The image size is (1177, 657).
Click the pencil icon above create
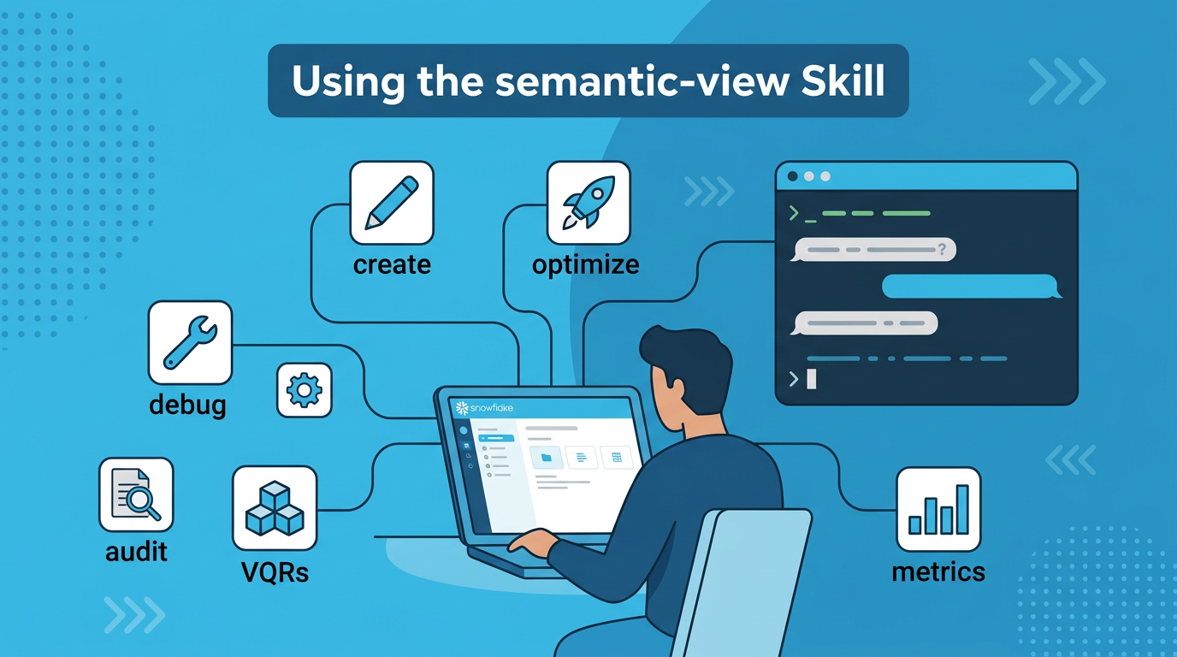[392, 204]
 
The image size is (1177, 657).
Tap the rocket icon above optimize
[588, 204]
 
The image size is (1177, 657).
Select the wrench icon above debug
[190, 341]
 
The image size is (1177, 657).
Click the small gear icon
[304, 391]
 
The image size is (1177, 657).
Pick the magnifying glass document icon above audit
[136, 494]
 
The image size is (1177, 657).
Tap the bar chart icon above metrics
[938, 508]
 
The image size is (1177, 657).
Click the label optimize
[585, 264]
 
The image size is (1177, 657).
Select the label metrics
[938, 571]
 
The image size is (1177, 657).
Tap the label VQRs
[275, 571]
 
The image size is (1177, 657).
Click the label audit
[136, 552]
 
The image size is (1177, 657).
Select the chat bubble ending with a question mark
[873, 250]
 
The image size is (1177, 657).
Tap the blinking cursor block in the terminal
[812, 379]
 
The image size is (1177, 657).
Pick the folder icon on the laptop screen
[546, 458]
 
